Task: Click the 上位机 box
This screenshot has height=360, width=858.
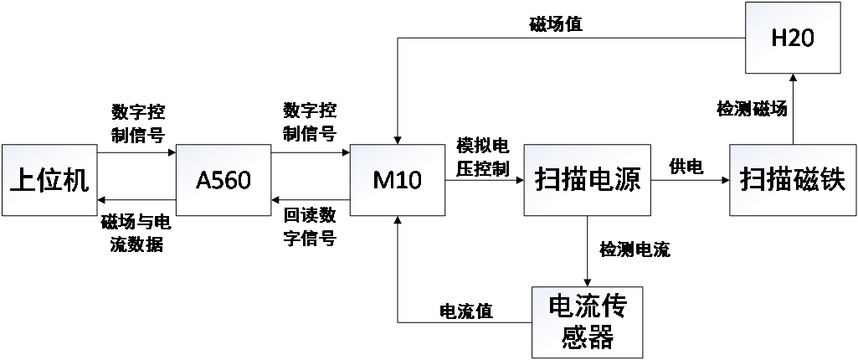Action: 49,180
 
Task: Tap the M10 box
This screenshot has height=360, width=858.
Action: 397,180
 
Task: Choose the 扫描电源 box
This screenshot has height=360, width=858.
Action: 587,180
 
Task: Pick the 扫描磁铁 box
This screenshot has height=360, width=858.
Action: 793,180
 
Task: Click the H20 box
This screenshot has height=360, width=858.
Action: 792,39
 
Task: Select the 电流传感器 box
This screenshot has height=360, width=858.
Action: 587,321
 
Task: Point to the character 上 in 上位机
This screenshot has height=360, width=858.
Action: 23,180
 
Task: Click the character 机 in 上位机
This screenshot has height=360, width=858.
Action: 75,180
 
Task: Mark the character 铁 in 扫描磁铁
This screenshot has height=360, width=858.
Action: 833,180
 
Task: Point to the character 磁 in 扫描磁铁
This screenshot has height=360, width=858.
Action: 806,180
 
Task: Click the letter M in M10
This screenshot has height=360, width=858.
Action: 383,180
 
